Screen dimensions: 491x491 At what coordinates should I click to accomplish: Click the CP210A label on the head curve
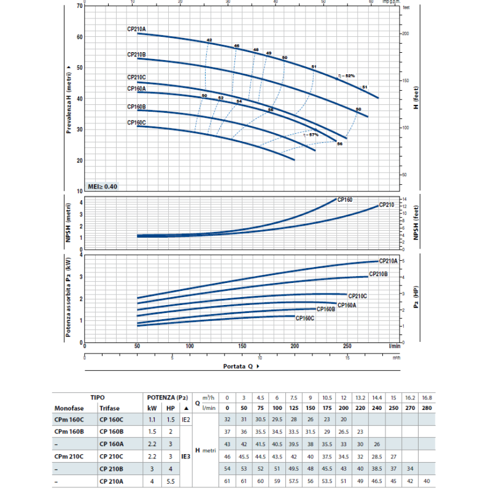[x=136, y=29]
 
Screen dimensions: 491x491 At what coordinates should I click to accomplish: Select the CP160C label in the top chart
[x=136, y=123]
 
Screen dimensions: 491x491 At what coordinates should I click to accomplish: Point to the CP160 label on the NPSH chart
[x=346, y=200]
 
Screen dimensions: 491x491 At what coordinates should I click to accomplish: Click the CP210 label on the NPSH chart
[x=386, y=204]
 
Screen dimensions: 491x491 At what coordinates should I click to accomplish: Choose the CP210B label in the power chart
[x=378, y=274]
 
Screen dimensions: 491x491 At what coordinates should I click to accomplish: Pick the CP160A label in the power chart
[x=347, y=305]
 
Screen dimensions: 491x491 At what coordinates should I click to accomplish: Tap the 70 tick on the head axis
[x=79, y=6]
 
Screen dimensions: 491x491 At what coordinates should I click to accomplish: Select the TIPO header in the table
[x=97, y=397]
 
